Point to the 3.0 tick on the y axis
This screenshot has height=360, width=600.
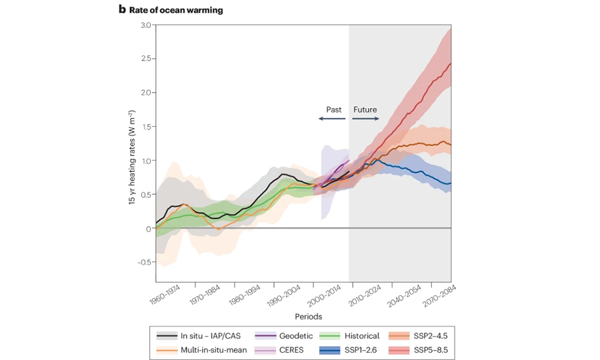click(145, 25)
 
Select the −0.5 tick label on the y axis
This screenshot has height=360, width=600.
click(143, 262)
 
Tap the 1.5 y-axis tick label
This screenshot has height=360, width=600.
click(145, 127)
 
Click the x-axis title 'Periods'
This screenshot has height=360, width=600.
click(303, 315)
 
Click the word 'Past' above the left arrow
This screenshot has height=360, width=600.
click(334, 109)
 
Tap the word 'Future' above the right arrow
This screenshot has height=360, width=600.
click(365, 109)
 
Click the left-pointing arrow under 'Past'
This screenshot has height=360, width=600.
click(331, 119)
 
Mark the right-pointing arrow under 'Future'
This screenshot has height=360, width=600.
click(366, 119)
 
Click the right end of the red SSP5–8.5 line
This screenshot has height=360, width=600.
click(451, 64)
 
